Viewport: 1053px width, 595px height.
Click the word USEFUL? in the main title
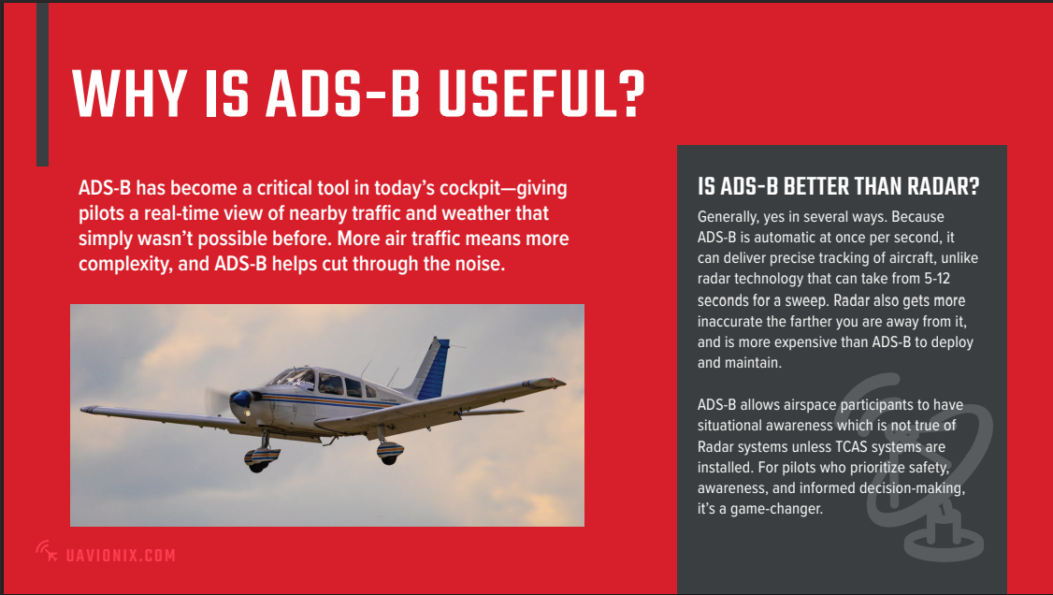click(x=541, y=94)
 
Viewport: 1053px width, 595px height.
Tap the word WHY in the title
click(x=130, y=94)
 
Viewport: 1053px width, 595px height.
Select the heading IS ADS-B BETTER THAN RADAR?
click(x=838, y=186)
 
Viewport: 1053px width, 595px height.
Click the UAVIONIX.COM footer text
click(x=121, y=556)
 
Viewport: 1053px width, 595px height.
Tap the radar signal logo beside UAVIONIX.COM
click(x=47, y=551)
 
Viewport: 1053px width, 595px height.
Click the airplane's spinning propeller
click(x=216, y=401)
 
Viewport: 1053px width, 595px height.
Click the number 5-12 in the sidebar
click(x=937, y=279)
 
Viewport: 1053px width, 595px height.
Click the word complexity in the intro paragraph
click(x=125, y=264)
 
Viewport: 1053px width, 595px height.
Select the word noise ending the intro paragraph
click(x=479, y=263)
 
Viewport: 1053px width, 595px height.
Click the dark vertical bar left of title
click(x=42, y=84)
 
